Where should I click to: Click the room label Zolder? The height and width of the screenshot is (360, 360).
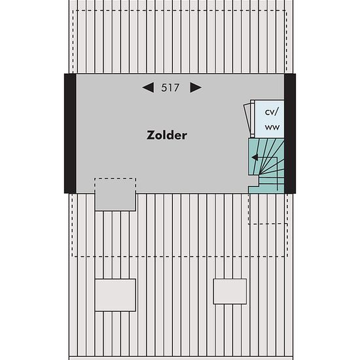(167, 135)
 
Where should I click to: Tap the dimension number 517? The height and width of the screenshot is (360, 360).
(170, 88)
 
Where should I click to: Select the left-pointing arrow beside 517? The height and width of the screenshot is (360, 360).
(148, 88)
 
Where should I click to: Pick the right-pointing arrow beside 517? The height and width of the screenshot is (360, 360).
(196, 88)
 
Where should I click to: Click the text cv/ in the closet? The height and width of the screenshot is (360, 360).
(272, 113)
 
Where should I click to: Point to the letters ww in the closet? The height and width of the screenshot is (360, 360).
(272, 127)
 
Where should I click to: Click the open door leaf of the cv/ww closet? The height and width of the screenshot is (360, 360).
(247, 120)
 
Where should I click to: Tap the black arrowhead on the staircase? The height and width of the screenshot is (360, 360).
(255, 157)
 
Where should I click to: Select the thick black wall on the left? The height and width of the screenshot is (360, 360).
(70, 134)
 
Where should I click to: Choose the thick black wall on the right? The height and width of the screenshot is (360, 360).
(290, 134)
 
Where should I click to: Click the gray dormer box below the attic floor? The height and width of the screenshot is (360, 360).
(115, 194)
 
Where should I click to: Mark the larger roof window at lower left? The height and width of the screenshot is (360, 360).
(115, 295)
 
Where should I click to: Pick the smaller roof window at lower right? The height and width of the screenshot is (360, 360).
(230, 291)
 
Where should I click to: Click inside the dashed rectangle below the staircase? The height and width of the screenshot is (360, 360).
(268, 208)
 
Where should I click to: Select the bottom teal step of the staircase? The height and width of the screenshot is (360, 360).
(266, 189)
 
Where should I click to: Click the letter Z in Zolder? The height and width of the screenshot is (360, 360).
(151, 135)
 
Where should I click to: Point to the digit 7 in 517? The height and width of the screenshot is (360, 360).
(176, 88)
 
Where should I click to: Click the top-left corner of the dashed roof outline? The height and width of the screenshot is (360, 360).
(73, 10)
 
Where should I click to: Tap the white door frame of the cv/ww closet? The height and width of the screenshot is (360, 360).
(252, 118)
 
